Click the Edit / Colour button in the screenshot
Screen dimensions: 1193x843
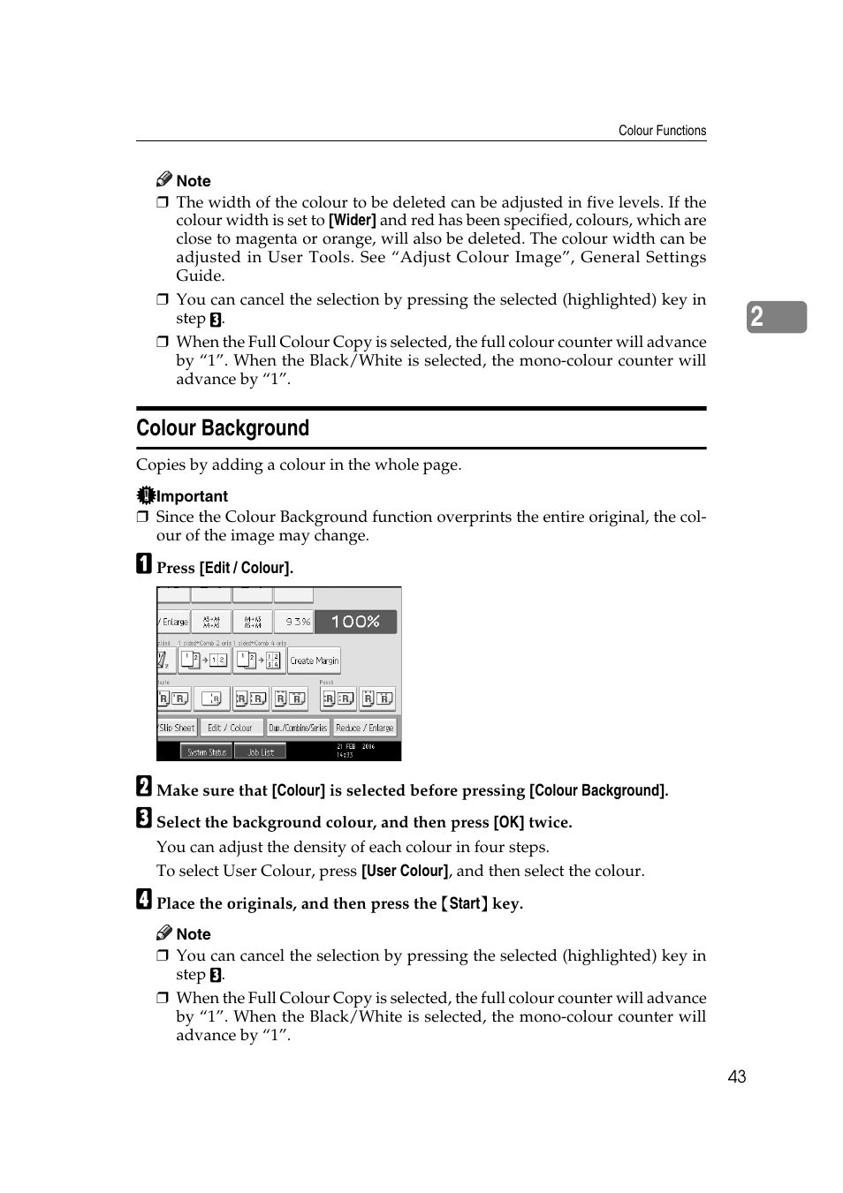pos(230,728)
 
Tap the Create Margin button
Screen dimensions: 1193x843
pos(315,661)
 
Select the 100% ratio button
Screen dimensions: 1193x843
pos(355,622)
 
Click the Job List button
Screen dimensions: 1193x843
pos(261,752)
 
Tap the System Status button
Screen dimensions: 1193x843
pos(207,752)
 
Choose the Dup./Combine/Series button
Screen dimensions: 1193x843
pos(299,728)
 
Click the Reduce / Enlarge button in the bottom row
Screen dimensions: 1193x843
pos(365,728)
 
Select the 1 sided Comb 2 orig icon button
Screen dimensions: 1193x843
pos(204,660)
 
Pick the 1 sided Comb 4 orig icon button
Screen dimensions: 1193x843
pos(260,660)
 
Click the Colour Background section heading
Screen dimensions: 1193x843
pos(223,428)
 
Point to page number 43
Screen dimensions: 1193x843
pos(737,1076)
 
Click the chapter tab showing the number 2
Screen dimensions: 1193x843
pos(776,317)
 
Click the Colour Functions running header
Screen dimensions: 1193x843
pos(662,131)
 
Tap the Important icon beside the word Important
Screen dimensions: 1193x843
pos(146,495)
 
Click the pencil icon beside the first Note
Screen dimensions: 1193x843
pos(164,179)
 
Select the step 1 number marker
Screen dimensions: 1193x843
pos(144,564)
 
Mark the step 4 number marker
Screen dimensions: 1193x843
pos(144,899)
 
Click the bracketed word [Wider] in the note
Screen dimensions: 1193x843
pos(353,221)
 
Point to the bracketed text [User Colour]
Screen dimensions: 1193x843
pos(405,871)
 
